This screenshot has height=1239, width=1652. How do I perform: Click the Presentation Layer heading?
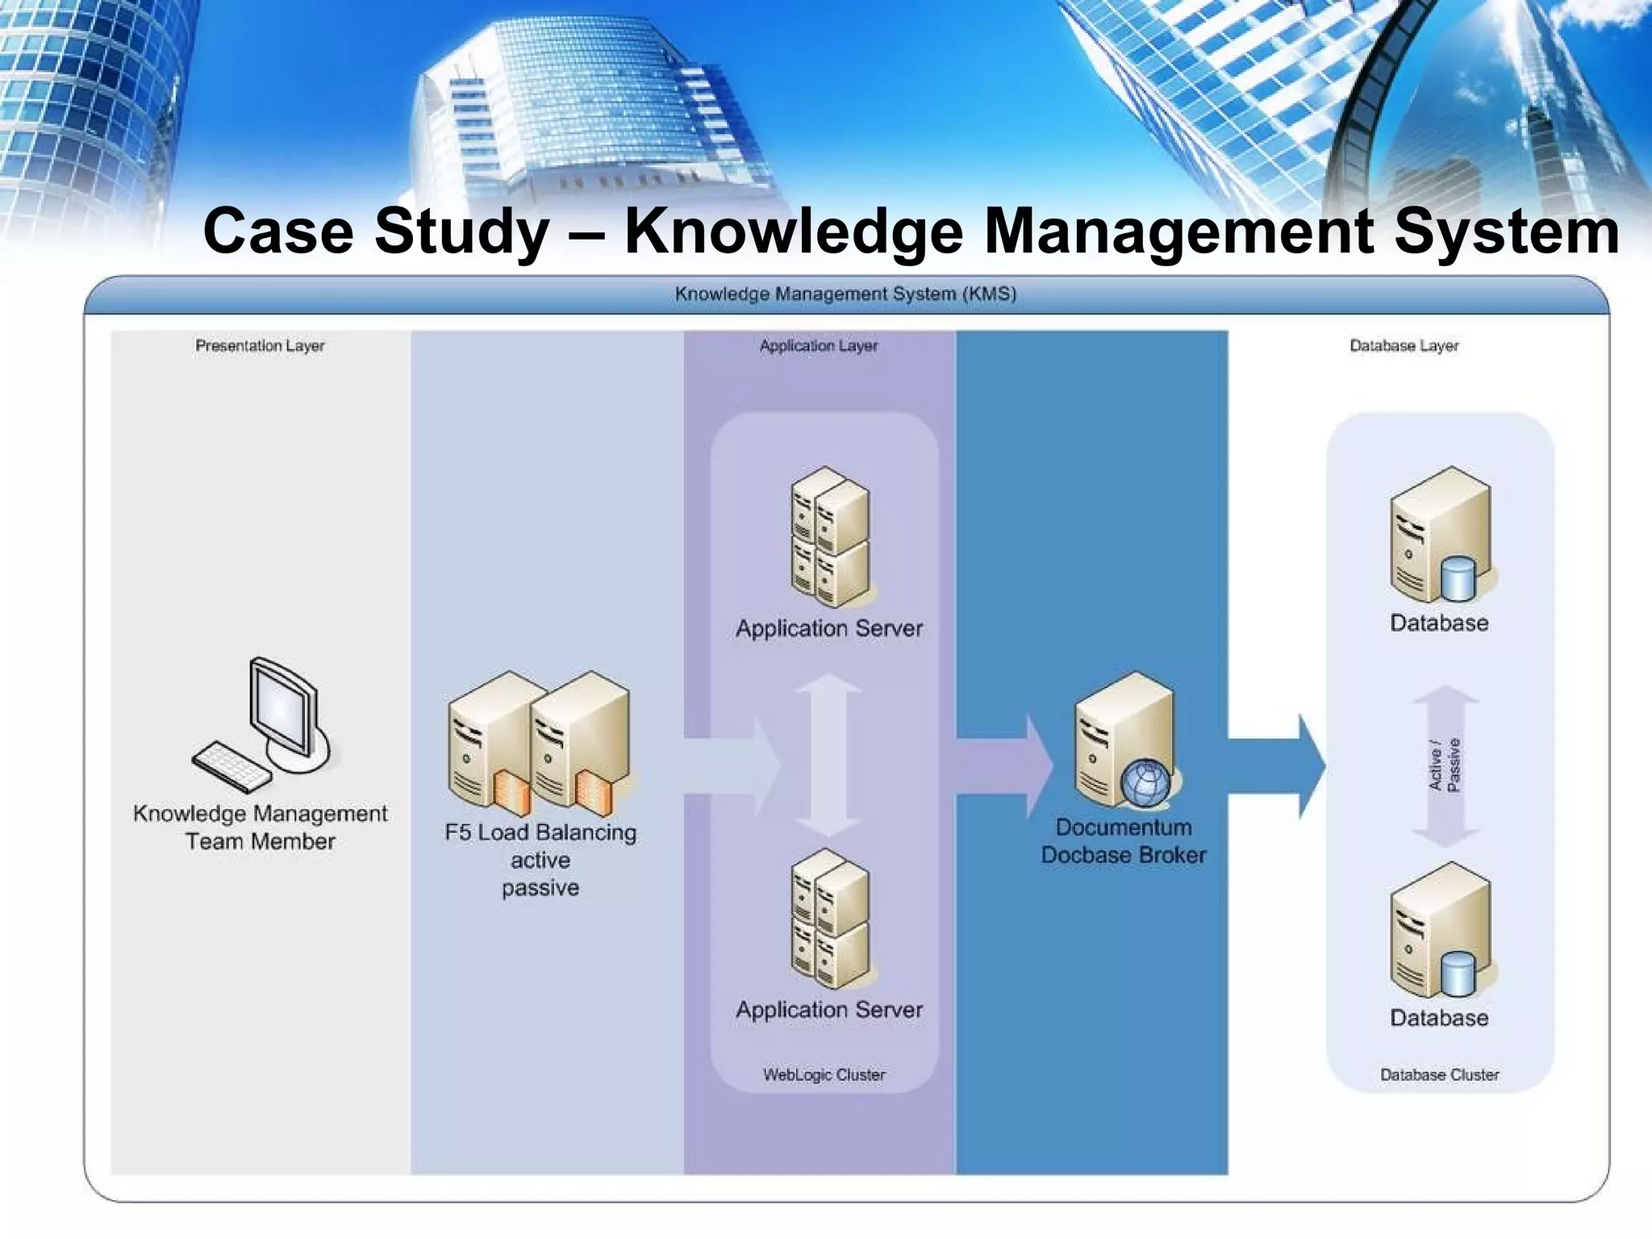pyautogui.click(x=260, y=346)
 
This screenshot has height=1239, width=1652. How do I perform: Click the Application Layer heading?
pyautogui.click(x=819, y=346)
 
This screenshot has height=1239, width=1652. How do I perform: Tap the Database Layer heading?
pyautogui.click(x=1404, y=346)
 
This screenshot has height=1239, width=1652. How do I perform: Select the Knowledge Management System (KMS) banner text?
pyautogui.click(x=845, y=294)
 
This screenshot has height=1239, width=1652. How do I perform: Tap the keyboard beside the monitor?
pyautogui.click(x=231, y=766)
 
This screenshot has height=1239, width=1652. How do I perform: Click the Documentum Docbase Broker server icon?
pyautogui.click(x=1124, y=738)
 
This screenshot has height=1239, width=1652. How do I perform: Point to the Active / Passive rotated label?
pyautogui.click(x=1445, y=766)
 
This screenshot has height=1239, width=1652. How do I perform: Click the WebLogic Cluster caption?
pyautogui.click(x=824, y=1074)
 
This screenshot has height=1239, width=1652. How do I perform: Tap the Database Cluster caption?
pyautogui.click(x=1440, y=1074)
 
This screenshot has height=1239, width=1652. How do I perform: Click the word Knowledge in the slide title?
pyautogui.click(x=795, y=232)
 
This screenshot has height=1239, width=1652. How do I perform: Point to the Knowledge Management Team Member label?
pyautogui.click(x=260, y=827)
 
